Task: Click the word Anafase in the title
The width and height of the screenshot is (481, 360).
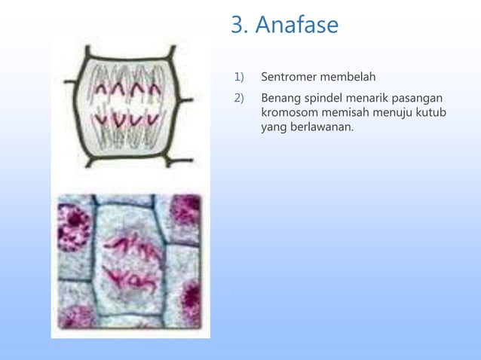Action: [x=297, y=26]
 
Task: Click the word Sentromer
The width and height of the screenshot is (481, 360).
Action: [x=290, y=77]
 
